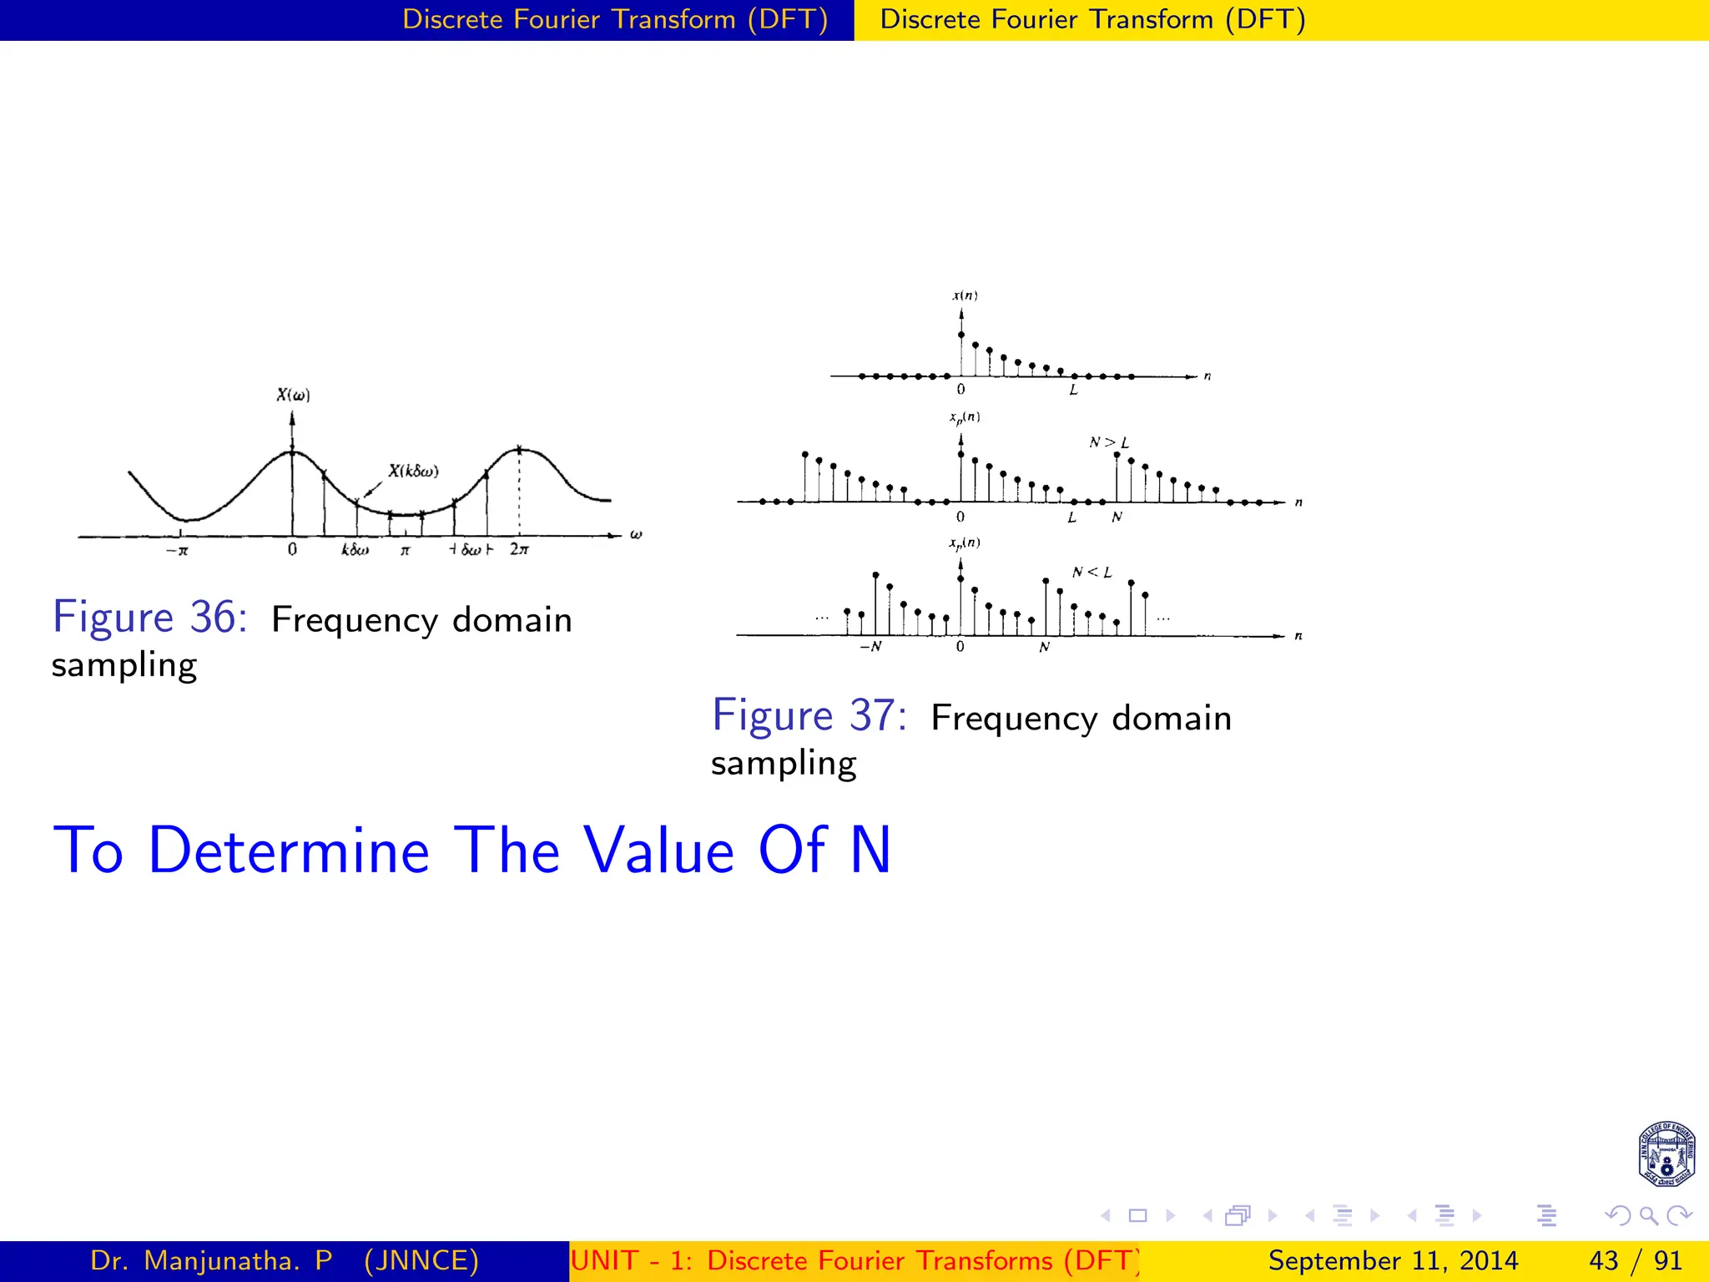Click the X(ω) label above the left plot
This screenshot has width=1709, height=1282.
click(293, 395)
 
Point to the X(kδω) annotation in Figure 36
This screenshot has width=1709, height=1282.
click(413, 471)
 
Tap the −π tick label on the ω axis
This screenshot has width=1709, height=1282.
click(177, 550)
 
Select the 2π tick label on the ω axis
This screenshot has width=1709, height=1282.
click(519, 549)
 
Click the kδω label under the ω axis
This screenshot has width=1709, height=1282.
click(355, 550)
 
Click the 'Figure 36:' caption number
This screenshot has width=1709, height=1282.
click(149, 618)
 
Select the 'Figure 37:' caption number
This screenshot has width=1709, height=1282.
click(809, 716)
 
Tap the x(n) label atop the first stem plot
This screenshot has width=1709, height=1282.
click(965, 295)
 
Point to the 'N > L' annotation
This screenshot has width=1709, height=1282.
click(1108, 442)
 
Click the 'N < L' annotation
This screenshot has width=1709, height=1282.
click(1091, 572)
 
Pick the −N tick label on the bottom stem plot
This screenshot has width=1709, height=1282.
click(870, 647)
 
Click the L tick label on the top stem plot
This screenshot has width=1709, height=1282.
click(1073, 390)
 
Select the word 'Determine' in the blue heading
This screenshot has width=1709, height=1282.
click(288, 850)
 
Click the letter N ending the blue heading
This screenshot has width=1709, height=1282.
click(870, 850)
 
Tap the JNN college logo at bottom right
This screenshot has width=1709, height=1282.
click(1666, 1154)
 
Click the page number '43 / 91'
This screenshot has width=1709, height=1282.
click(1635, 1260)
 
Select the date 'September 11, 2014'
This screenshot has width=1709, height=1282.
click(1393, 1260)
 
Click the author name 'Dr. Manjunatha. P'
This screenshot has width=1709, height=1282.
click(211, 1260)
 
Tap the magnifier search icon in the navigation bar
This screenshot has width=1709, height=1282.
click(1648, 1215)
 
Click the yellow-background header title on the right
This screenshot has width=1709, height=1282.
click(1092, 19)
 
